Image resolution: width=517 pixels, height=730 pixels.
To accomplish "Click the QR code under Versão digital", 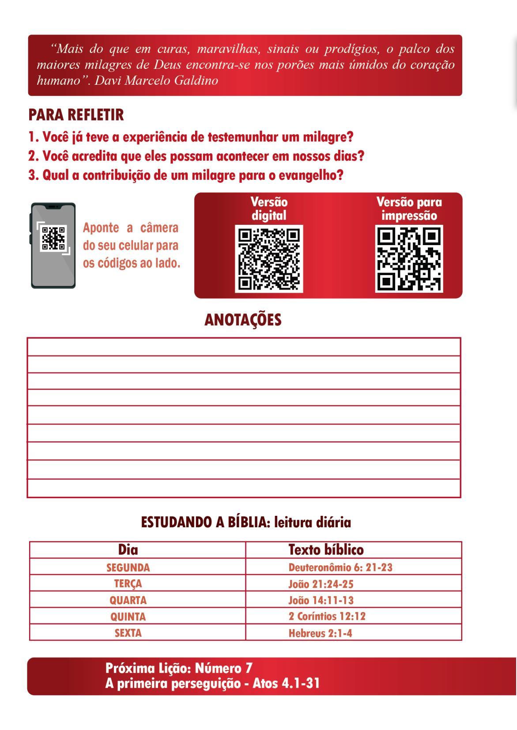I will tap(269, 259).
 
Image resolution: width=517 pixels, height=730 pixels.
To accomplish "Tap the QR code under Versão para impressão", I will tap(409, 259).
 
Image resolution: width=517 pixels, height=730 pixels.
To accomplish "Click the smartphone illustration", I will tap(53, 246).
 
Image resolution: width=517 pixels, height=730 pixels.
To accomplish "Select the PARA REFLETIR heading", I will tap(76, 115).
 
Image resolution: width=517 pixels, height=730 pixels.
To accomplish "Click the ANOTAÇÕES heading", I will tap(243, 320).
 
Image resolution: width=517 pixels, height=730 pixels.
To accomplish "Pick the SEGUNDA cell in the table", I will tap(128, 567).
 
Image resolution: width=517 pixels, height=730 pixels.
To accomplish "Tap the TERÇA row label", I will tap(128, 584).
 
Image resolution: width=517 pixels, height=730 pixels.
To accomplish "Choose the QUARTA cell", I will tap(128, 600).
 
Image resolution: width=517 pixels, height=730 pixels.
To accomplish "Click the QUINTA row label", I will tap(128, 617).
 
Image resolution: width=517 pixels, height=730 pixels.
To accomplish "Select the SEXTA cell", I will tap(128, 633).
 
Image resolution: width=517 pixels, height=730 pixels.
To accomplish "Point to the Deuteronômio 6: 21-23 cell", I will tap(340, 567).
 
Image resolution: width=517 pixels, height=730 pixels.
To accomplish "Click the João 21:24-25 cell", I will tap(321, 584).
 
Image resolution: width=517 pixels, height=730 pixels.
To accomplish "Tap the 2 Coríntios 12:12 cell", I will tap(327, 617).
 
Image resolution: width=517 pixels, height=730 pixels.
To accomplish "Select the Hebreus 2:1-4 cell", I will tap(320, 633).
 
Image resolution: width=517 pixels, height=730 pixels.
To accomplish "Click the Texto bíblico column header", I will tap(326, 550).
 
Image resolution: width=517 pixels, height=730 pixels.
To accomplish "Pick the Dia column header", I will tap(128, 550).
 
